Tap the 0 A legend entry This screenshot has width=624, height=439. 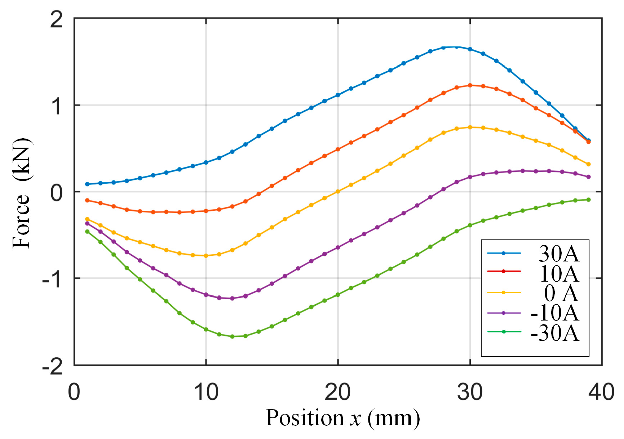[x=561, y=293]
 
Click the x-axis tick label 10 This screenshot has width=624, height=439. [x=206, y=392]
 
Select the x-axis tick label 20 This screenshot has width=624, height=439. [x=337, y=392]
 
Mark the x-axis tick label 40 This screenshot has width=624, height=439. [x=601, y=392]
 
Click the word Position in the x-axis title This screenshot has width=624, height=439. [x=305, y=418]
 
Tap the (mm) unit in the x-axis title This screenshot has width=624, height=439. [x=394, y=418]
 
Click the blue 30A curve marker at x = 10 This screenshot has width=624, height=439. [x=206, y=162]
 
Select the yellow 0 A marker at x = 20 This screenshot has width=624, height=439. [x=338, y=192]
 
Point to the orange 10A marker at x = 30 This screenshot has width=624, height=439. [x=470, y=85]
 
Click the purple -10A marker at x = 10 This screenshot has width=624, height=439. [x=206, y=295]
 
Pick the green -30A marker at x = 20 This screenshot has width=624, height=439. [x=338, y=295]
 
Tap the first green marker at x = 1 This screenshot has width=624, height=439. [x=87, y=232]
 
